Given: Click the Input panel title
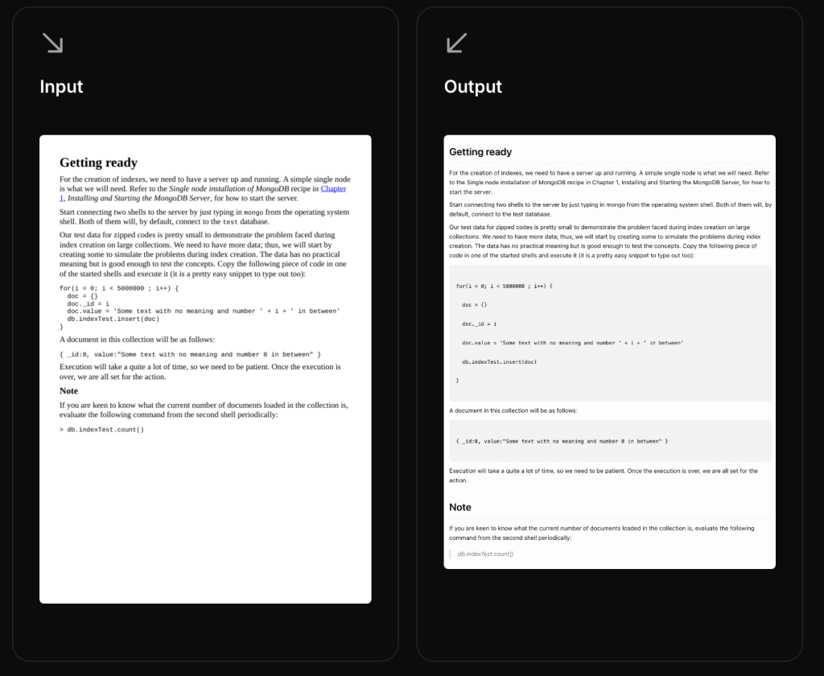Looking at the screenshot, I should click(x=61, y=87).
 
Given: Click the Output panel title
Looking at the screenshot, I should click(x=473, y=87).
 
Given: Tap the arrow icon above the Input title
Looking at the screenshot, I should click(x=52, y=43).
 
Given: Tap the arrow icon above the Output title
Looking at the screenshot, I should click(x=456, y=43).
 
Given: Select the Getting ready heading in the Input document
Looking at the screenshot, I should click(x=98, y=163).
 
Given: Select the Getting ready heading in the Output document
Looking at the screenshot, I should click(x=480, y=152).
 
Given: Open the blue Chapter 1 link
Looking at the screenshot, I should click(x=332, y=189).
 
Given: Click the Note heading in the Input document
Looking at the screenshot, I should click(x=68, y=391).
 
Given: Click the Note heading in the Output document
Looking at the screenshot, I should click(x=460, y=507).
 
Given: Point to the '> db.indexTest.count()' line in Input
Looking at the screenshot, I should click(x=101, y=430).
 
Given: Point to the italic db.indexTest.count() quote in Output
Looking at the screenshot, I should click(x=485, y=554).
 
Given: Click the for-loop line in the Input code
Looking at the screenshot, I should click(x=119, y=288).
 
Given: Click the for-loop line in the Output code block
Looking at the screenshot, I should click(x=505, y=286).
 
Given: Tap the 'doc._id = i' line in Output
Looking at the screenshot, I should click(x=480, y=324).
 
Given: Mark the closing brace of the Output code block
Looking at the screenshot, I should click(x=457, y=380).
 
